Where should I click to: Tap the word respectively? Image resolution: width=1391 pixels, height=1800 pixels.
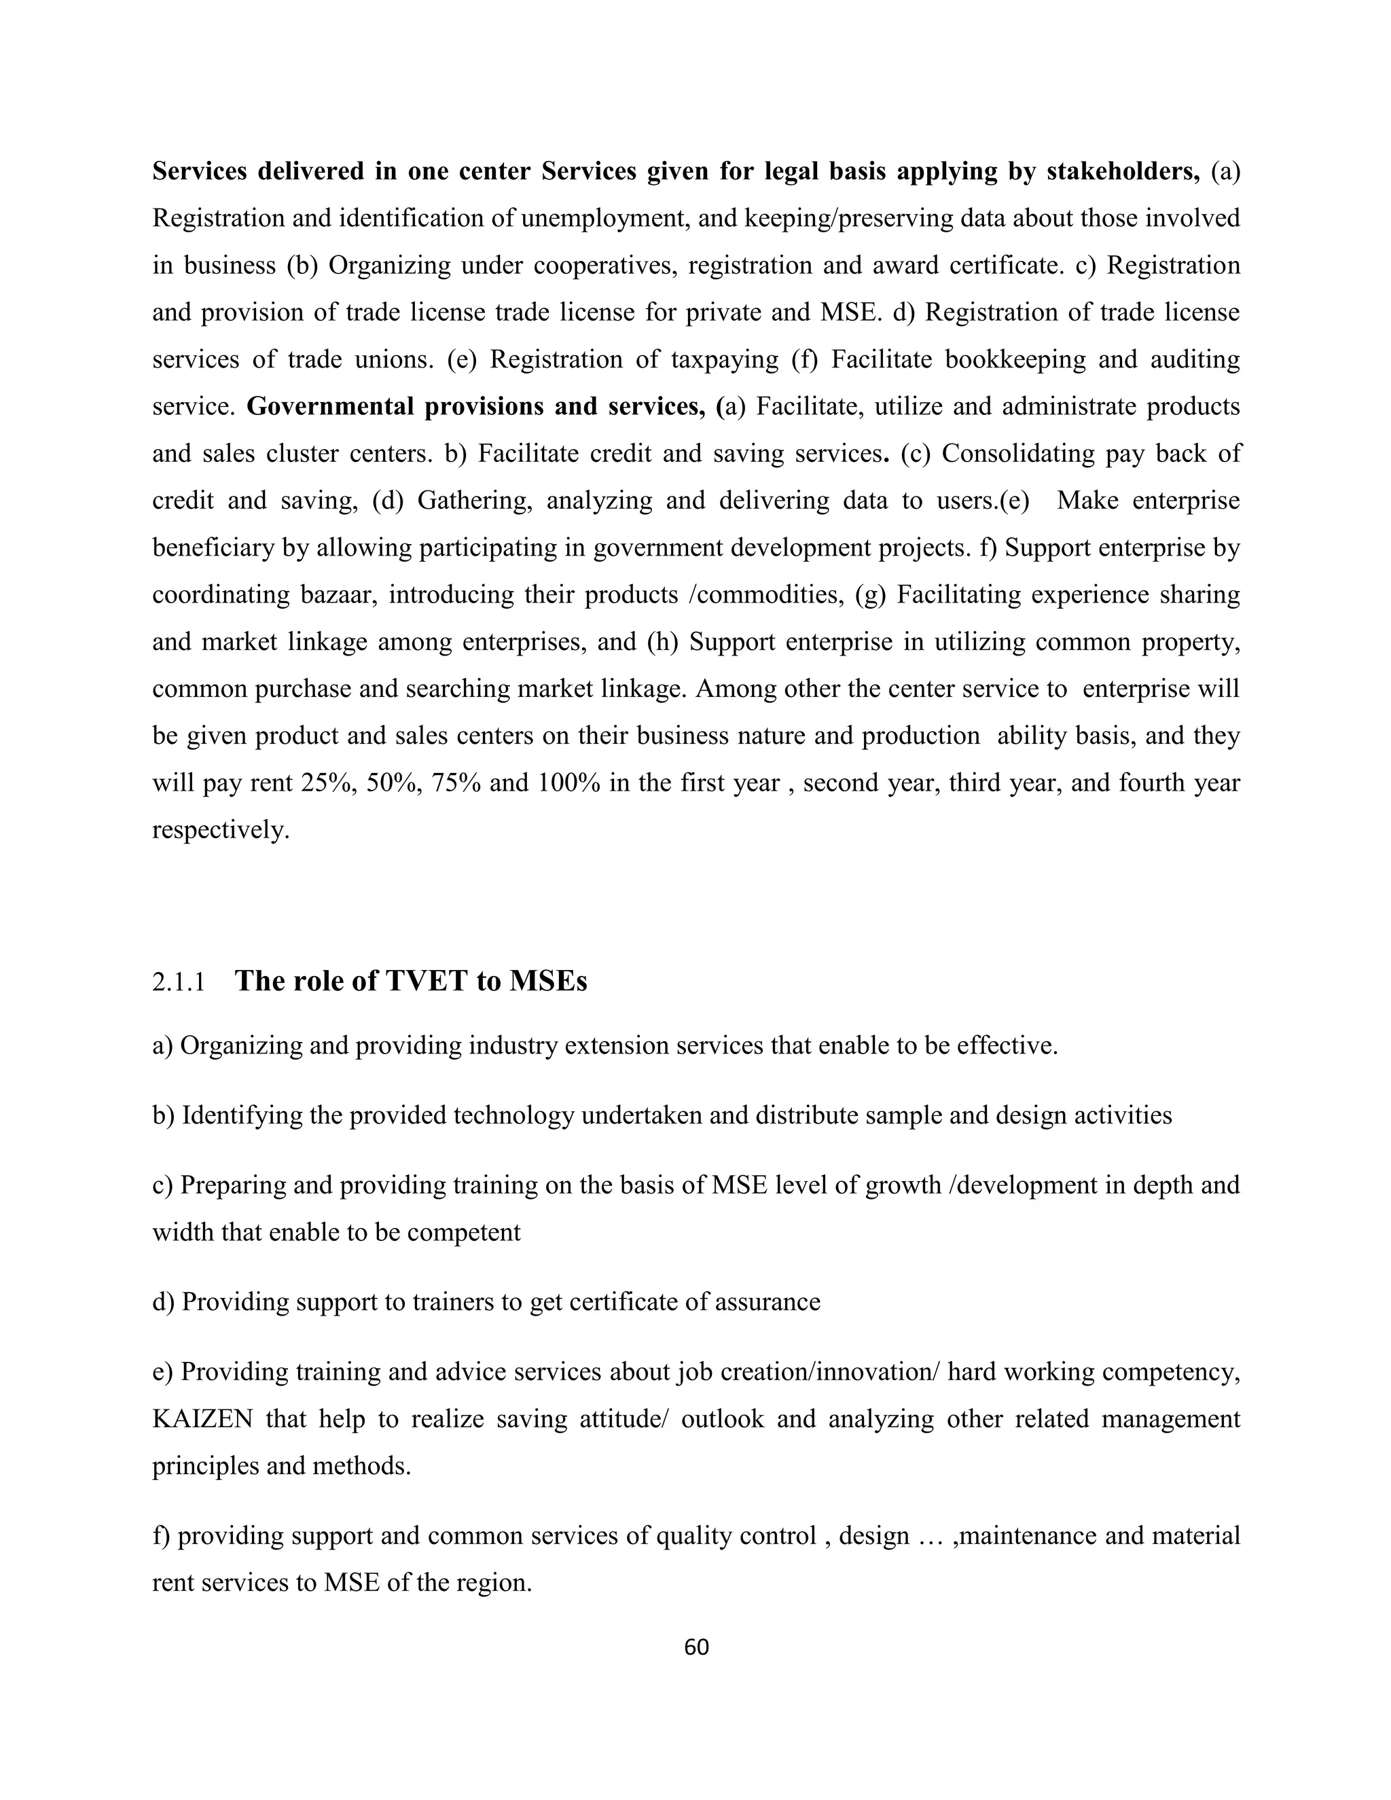click(221, 830)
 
